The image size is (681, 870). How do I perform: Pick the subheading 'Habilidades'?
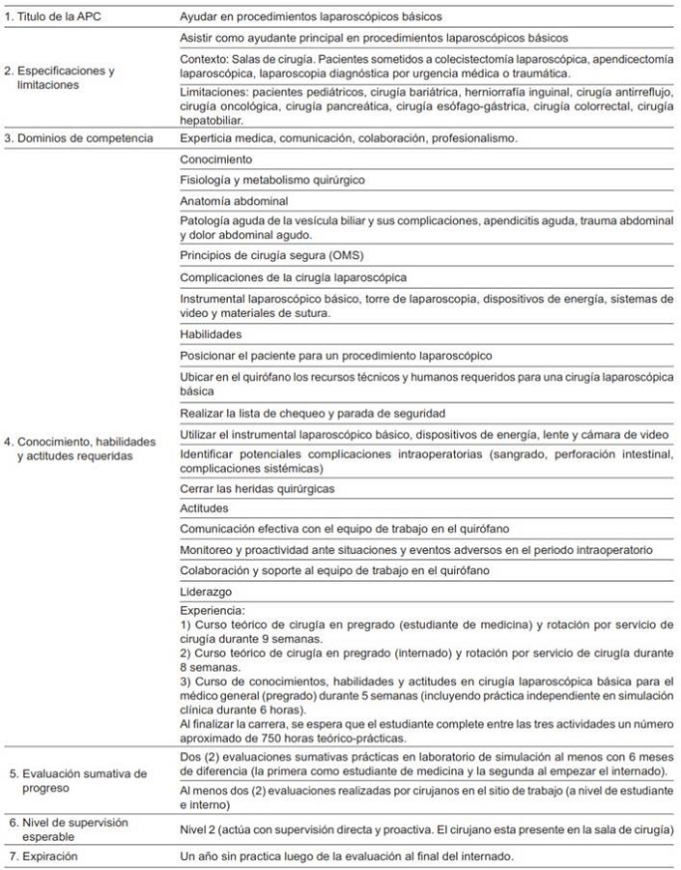(212, 333)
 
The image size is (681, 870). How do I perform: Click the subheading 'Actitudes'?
(205, 507)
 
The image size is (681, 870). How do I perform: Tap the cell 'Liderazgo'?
(207, 590)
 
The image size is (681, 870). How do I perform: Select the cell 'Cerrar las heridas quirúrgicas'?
(258, 489)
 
